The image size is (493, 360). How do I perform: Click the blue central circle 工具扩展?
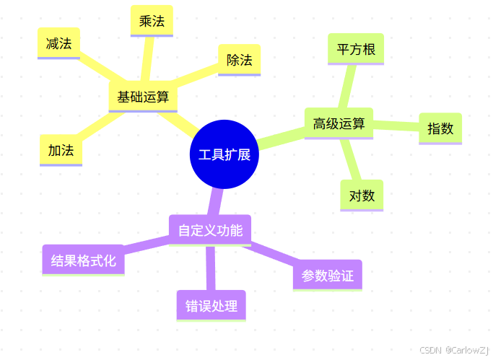(224, 154)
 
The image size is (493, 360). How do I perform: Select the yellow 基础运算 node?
(143, 97)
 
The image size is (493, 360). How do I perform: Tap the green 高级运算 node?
(339, 123)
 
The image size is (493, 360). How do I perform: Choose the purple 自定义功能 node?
(209, 230)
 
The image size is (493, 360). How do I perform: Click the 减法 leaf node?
(58, 43)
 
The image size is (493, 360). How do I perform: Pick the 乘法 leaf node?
(152, 21)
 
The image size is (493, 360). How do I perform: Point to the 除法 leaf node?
(239, 60)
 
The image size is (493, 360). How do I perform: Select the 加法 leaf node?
(61, 151)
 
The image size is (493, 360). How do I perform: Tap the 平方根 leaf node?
(355, 49)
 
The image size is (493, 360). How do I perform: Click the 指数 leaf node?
(440, 128)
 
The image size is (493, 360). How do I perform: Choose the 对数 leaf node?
(362, 196)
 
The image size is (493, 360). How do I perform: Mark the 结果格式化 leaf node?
(83, 260)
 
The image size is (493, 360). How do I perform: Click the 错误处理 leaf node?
(211, 306)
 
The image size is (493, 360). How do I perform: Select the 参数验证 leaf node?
(327, 275)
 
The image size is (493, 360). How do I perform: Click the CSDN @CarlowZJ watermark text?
(454, 349)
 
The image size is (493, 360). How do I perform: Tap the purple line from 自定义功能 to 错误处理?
(211, 267)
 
